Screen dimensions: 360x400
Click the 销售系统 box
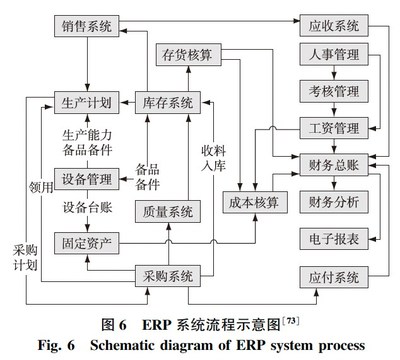85,23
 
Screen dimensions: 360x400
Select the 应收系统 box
333,23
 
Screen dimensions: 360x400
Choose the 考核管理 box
333,93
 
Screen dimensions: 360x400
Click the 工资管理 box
333,127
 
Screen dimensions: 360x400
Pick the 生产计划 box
86,101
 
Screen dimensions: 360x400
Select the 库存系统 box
165,101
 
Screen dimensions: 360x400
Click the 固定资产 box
86,241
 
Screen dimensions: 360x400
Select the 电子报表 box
333,237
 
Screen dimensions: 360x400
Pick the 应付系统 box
333,276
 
